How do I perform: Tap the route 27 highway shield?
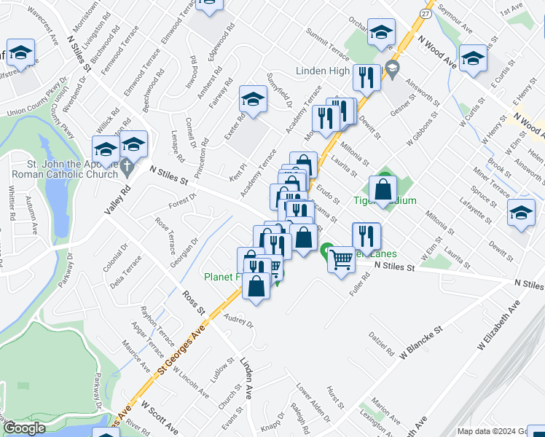(426, 13)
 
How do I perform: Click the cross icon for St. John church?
(128, 168)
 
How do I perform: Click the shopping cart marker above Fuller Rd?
(341, 259)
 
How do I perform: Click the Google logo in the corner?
(24, 428)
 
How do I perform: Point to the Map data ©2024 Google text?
(489, 431)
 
